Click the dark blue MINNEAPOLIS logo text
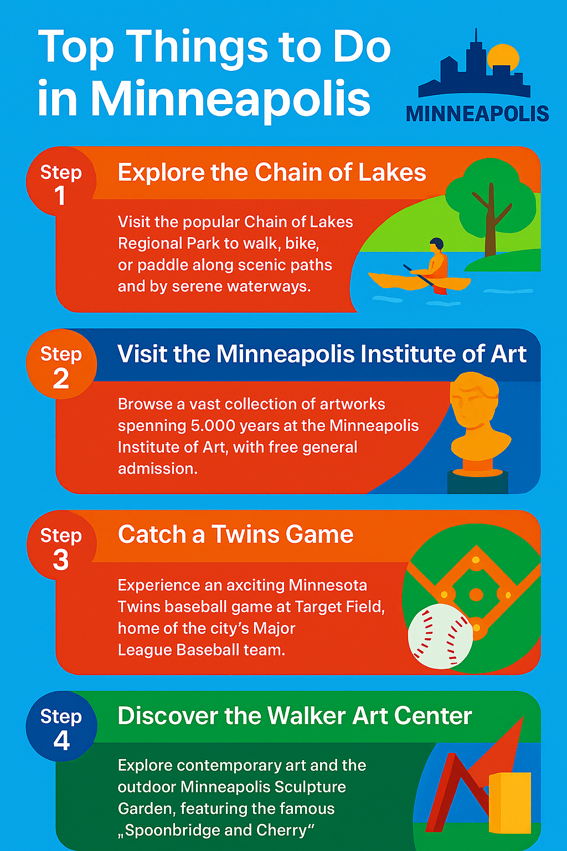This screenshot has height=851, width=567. tap(477, 114)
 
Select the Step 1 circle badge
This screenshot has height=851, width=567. tap(61, 182)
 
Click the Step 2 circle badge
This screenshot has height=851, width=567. tap(61, 363)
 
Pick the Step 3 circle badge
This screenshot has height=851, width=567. tap(61, 545)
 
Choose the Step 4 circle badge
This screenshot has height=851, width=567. tap(61, 726)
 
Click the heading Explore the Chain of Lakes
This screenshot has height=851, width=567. tap(271, 173)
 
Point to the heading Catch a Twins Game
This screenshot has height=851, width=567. tap(235, 535)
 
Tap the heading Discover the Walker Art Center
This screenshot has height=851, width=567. tap(295, 716)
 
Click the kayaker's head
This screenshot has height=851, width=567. tap(437, 244)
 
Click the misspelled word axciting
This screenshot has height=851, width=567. tap(255, 586)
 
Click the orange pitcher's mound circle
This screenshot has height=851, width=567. tap(476, 594)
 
